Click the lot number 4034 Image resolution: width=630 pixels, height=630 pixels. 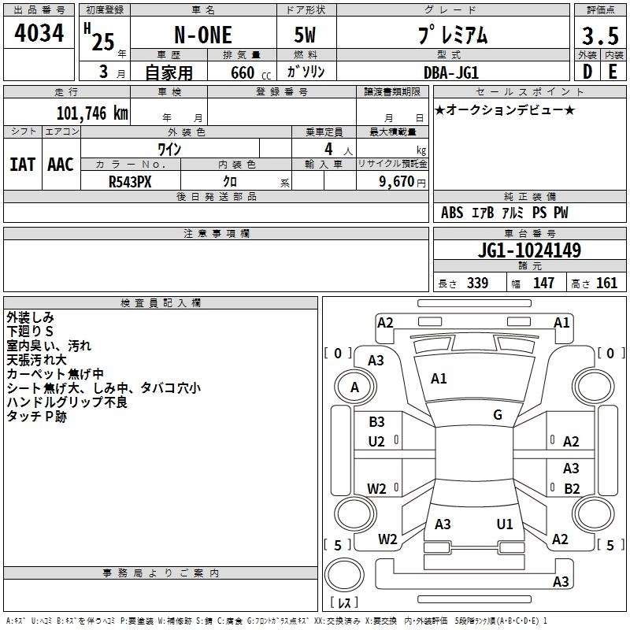pos(39,33)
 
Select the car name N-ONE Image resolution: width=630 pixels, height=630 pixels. pos(202,36)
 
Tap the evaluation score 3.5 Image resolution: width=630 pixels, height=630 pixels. pos(598,36)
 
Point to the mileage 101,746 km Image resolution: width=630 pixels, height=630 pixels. pos(92,113)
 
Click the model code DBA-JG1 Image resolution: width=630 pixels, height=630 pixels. pos(450,72)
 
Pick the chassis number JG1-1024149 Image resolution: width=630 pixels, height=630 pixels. pos(530,250)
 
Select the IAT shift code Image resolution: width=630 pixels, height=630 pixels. pos(22,165)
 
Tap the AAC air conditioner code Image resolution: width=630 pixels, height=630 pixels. pos(60,165)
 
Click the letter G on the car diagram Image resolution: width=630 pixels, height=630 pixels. pos(498,415)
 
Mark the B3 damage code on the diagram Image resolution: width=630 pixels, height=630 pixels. pos(377,422)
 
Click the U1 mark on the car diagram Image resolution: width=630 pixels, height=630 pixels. pos(505,524)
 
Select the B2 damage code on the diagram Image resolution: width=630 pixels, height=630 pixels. pos(572,488)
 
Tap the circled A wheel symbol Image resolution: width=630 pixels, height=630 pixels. pos(354,387)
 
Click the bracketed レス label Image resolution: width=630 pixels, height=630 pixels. pos(345,602)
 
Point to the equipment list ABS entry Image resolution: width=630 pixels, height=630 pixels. pos(452,213)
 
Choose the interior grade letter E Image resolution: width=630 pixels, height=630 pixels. pos(612,72)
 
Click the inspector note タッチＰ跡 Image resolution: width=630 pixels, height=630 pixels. pos(37,417)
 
